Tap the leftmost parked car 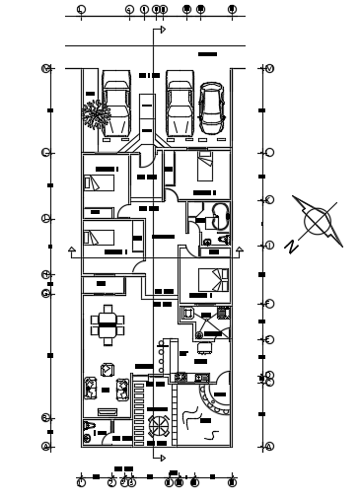coord(115,104)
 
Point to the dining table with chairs coord(107,323)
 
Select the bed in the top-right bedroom coord(204,167)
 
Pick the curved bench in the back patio coord(211,399)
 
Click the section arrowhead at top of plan coord(162,30)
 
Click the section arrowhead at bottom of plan coord(162,457)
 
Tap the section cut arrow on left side coord(71,251)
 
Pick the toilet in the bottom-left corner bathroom coord(91,431)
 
